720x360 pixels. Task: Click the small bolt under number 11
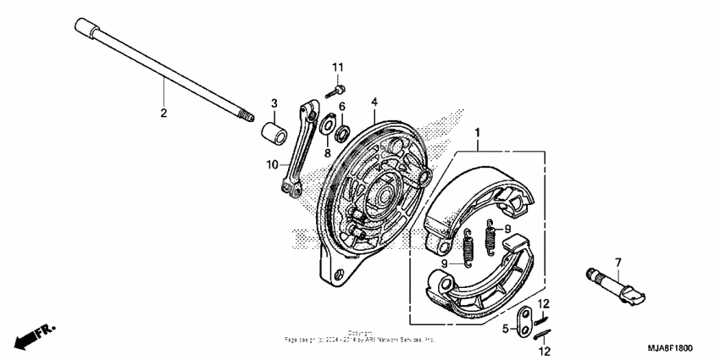(338, 87)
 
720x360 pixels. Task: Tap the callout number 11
(338, 67)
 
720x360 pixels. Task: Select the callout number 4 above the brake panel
(374, 102)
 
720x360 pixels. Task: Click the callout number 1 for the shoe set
(478, 133)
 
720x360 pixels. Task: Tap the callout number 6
(342, 107)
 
